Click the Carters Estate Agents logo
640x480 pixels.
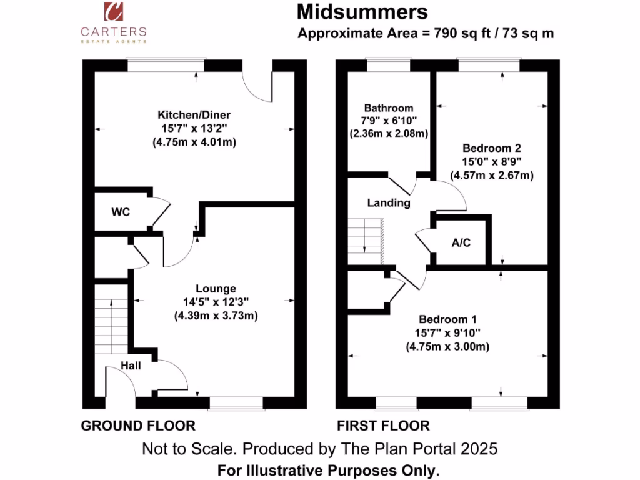pyautogui.click(x=113, y=22)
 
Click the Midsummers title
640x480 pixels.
pyautogui.click(x=362, y=12)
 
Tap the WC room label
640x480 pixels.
pyautogui.click(x=121, y=212)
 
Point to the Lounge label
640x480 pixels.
pyautogui.click(x=216, y=289)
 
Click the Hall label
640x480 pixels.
pyautogui.click(x=131, y=366)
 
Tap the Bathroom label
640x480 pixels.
pyautogui.click(x=389, y=108)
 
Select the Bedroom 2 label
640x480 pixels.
pyautogui.click(x=491, y=148)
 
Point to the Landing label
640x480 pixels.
pyautogui.click(x=389, y=202)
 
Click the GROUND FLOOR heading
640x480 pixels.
pyautogui.click(x=138, y=426)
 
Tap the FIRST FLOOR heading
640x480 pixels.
pyautogui.click(x=383, y=426)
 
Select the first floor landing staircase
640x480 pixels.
pyautogui.click(x=366, y=241)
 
